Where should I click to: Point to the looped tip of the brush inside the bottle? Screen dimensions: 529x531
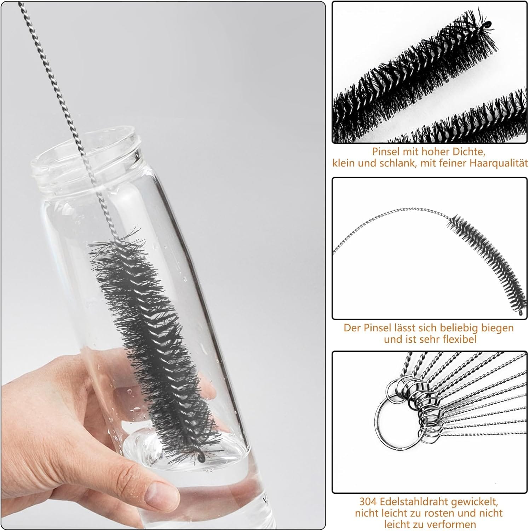click(201, 458)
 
